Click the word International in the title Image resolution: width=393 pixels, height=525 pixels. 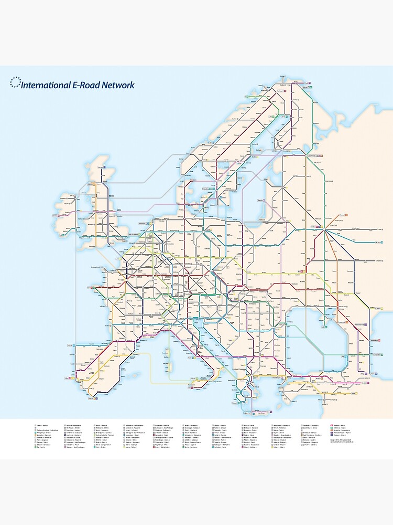(x=44, y=85)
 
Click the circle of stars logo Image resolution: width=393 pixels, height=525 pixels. (x=15, y=82)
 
